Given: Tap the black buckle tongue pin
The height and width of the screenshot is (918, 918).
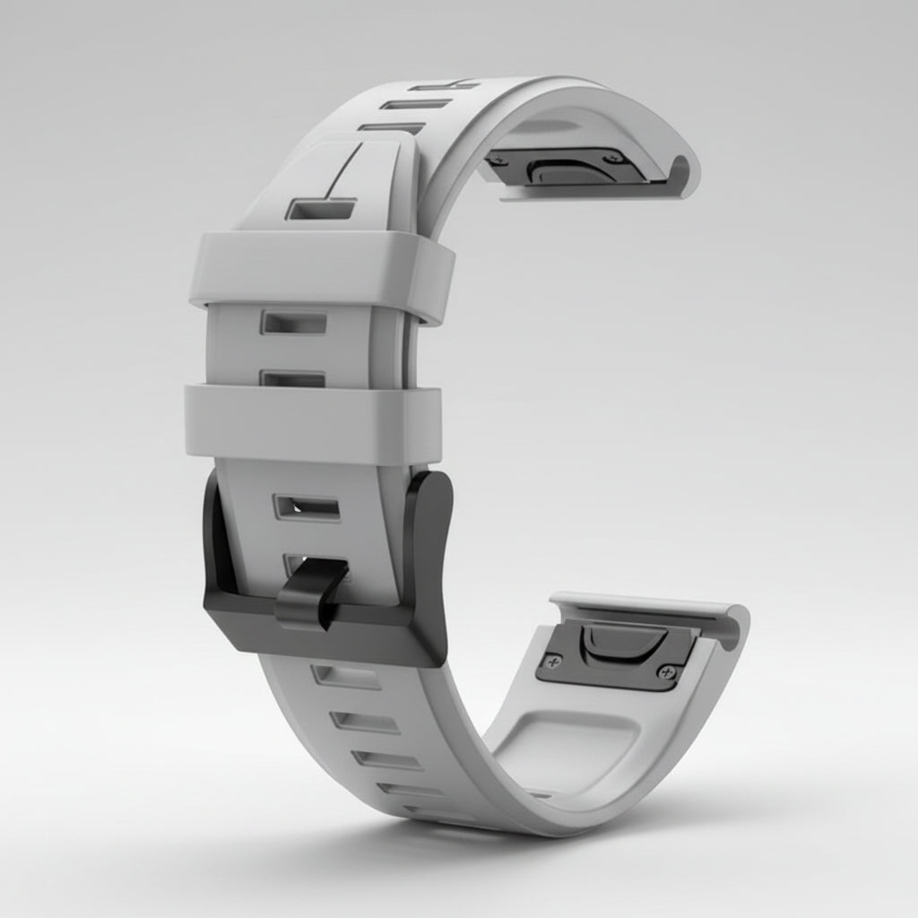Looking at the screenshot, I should pos(309,593).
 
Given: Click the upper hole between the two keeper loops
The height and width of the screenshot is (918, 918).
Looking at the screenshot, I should pos(294,323).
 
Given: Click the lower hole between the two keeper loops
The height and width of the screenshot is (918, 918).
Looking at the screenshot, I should pos(292,378).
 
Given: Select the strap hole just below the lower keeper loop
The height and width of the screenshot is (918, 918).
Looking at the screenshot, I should pos(307,507).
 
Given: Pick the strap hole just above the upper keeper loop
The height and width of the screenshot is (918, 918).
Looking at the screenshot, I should pos(320,209).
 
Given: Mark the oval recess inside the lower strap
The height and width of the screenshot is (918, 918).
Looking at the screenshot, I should pos(565,744).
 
